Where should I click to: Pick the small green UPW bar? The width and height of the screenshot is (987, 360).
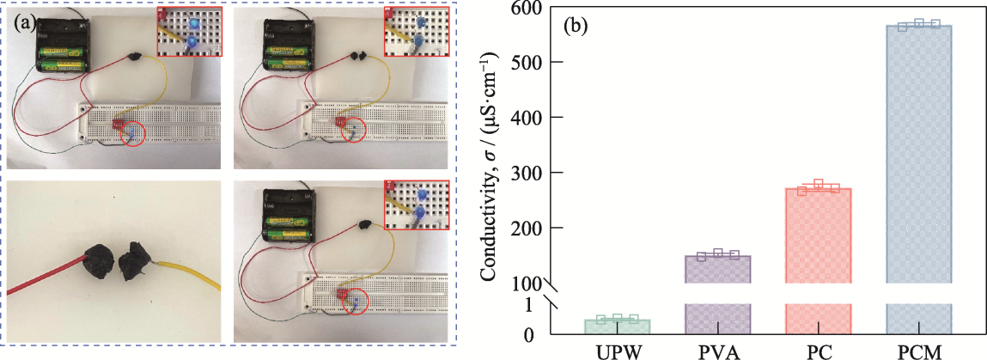click(618, 326)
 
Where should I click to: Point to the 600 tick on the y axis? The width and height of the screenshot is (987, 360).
click(536, 8)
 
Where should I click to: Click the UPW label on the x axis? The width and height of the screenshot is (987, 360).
click(618, 351)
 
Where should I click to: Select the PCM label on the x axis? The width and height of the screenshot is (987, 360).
click(918, 351)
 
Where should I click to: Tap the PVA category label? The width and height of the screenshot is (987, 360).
click(718, 351)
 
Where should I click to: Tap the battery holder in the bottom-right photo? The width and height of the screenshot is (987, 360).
click(290, 215)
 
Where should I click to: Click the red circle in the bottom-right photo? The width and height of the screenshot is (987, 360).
click(354, 302)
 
